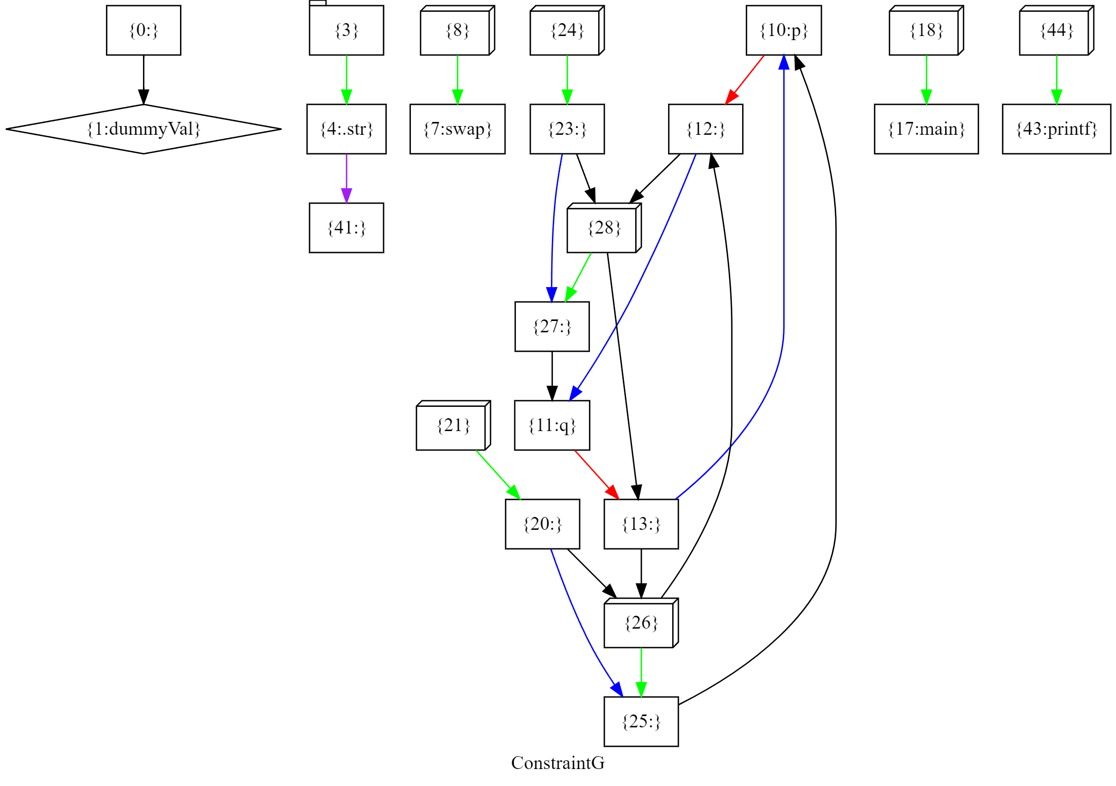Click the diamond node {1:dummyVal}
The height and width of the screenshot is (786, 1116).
(x=143, y=129)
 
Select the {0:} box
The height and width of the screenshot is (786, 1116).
(x=143, y=30)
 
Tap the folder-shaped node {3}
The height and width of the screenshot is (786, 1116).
(x=346, y=30)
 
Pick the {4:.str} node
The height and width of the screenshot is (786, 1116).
(x=346, y=129)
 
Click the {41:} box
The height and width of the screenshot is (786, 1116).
(x=346, y=228)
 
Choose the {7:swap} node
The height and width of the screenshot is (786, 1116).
(x=457, y=129)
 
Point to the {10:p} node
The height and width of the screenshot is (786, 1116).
(x=784, y=30)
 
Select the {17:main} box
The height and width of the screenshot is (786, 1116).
(x=926, y=129)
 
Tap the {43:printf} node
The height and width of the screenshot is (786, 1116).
(x=1056, y=129)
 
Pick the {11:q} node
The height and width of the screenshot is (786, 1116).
(x=552, y=425)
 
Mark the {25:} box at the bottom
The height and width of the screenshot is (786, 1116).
(x=641, y=722)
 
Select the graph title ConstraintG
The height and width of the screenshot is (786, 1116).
(x=557, y=763)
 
